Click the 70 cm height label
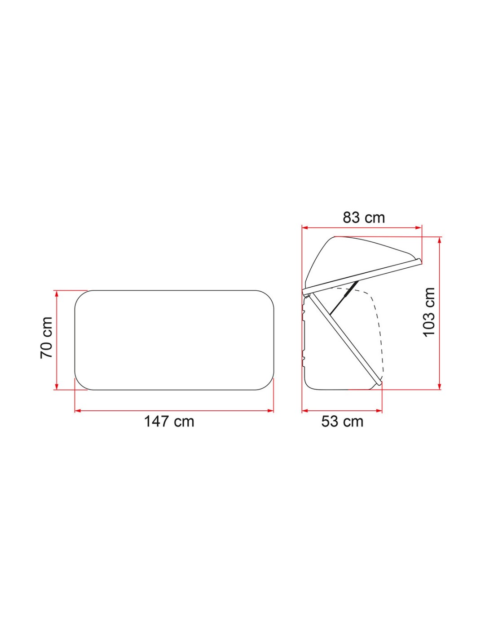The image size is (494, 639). point(46,338)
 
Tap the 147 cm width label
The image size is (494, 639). point(169,422)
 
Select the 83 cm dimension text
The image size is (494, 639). point(363,218)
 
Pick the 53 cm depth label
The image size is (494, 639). point(342,422)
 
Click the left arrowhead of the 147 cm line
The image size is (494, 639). point(78,411)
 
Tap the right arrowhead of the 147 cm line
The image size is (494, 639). point(271,411)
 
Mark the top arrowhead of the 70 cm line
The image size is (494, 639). point(57,293)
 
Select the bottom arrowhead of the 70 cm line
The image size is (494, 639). point(57,387)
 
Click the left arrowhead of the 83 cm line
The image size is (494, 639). point(305,227)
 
